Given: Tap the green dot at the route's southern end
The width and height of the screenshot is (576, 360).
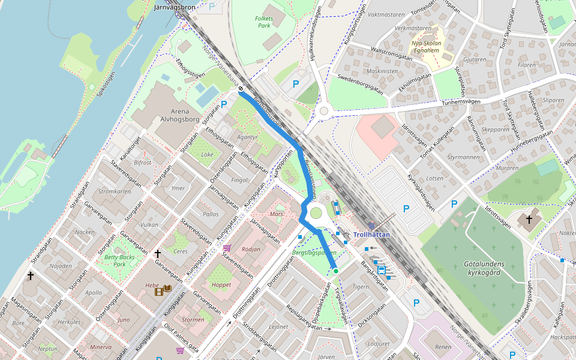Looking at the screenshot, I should tap(336, 271).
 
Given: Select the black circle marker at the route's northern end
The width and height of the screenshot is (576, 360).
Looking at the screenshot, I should tap(241, 89).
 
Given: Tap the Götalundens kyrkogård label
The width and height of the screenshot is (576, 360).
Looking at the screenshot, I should tap(484, 268).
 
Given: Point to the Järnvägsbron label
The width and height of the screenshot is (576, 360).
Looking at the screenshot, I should tap(175, 8).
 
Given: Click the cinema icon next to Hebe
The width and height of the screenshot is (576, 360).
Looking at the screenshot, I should tap(160, 291).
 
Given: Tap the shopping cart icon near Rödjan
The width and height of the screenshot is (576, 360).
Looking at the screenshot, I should tap(227, 247).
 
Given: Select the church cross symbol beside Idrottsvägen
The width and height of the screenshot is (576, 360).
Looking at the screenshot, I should tap(529, 220).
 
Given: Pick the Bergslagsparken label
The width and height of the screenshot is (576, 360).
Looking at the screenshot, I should tap(314, 253).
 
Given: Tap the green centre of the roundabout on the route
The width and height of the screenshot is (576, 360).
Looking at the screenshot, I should tap(316, 212).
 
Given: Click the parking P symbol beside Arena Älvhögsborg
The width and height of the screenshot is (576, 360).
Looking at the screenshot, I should tap(224, 104).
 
